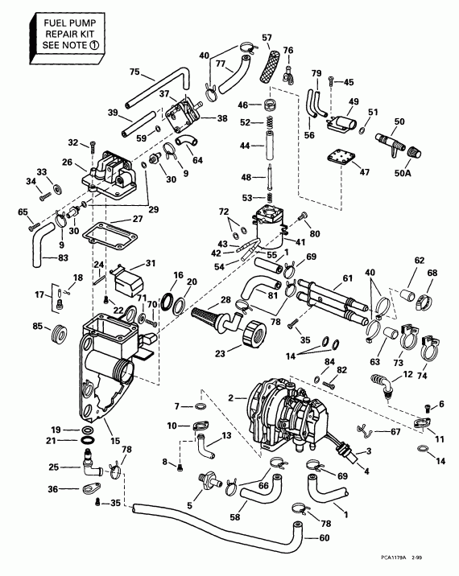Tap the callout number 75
pyautogui.click(x=134, y=71)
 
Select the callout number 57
pyautogui.click(x=267, y=38)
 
